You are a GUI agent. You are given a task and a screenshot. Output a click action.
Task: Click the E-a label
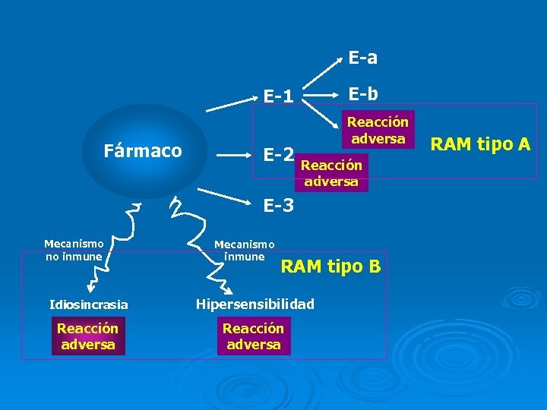(x=363, y=58)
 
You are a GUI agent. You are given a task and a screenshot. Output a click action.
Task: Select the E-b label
(x=363, y=93)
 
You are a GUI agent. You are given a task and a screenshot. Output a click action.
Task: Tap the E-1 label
(x=278, y=96)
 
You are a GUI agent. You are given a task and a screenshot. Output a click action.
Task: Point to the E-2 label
(x=278, y=155)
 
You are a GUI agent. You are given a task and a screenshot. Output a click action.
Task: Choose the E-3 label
(x=278, y=204)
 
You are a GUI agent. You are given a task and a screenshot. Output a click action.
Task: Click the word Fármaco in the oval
(x=143, y=150)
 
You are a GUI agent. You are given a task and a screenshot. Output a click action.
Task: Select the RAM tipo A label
(x=480, y=143)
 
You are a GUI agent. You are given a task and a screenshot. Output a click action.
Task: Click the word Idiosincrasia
(x=89, y=305)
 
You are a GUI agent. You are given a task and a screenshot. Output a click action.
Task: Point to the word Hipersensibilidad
(x=255, y=304)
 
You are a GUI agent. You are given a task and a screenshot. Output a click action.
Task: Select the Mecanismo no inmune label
(x=74, y=250)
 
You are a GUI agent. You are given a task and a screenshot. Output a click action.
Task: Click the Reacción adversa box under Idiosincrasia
(x=88, y=336)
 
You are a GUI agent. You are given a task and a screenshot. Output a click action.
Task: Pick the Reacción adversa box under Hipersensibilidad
(x=253, y=336)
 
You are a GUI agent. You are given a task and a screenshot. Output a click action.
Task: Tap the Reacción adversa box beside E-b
(x=378, y=129)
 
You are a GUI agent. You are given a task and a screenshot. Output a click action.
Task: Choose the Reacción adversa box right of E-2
(x=333, y=172)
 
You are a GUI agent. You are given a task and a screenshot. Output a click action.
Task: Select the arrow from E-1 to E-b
(x=323, y=96)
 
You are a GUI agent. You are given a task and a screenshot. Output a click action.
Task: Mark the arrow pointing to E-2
(x=235, y=154)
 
